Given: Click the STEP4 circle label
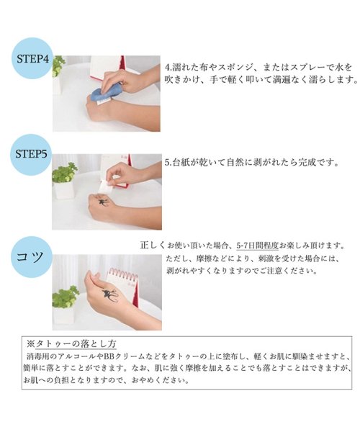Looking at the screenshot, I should (x=32, y=59).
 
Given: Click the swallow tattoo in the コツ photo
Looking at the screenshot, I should (x=110, y=295).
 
